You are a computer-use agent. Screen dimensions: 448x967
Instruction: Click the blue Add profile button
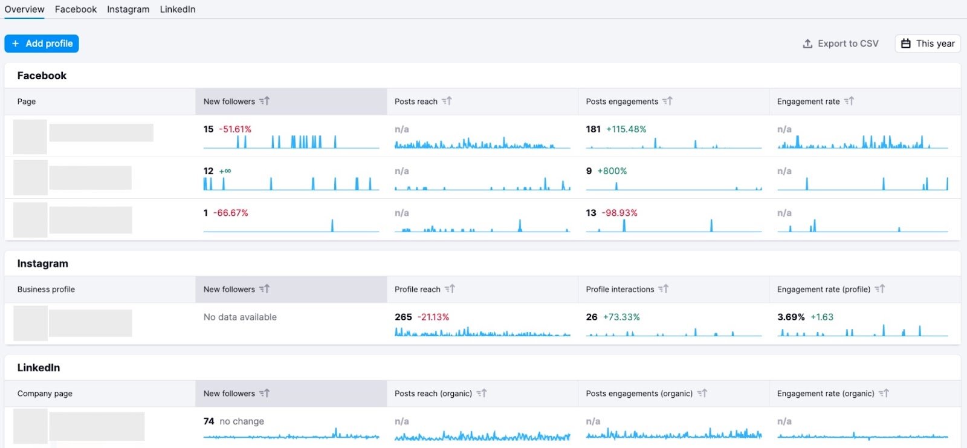coord(42,44)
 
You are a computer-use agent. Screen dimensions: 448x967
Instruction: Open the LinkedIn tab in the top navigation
coord(177,9)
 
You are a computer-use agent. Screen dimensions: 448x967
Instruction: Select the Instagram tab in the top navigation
coord(128,9)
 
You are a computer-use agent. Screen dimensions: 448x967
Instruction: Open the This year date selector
coord(928,44)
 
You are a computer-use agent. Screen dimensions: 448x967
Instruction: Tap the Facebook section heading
coord(42,76)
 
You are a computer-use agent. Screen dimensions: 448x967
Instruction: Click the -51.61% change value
coord(235,129)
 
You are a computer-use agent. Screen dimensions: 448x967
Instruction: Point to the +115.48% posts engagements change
coord(626,129)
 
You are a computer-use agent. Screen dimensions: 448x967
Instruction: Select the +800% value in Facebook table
coord(612,171)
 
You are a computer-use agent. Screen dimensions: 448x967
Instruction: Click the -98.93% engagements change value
coord(619,213)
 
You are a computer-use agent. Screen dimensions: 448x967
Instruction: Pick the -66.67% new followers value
coord(230,213)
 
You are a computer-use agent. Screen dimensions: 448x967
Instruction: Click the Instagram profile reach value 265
coord(403,317)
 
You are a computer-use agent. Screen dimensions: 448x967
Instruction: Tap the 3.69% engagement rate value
coord(791,317)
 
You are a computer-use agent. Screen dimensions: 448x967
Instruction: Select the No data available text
coord(240,317)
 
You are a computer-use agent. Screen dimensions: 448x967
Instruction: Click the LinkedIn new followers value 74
coord(209,421)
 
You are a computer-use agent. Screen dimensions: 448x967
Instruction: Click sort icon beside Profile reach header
coord(450,289)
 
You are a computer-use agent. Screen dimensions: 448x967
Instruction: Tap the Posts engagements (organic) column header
coord(639,394)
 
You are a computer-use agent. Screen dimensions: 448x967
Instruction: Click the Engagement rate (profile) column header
coord(823,290)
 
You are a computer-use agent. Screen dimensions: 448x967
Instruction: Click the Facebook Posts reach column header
coord(416,102)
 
